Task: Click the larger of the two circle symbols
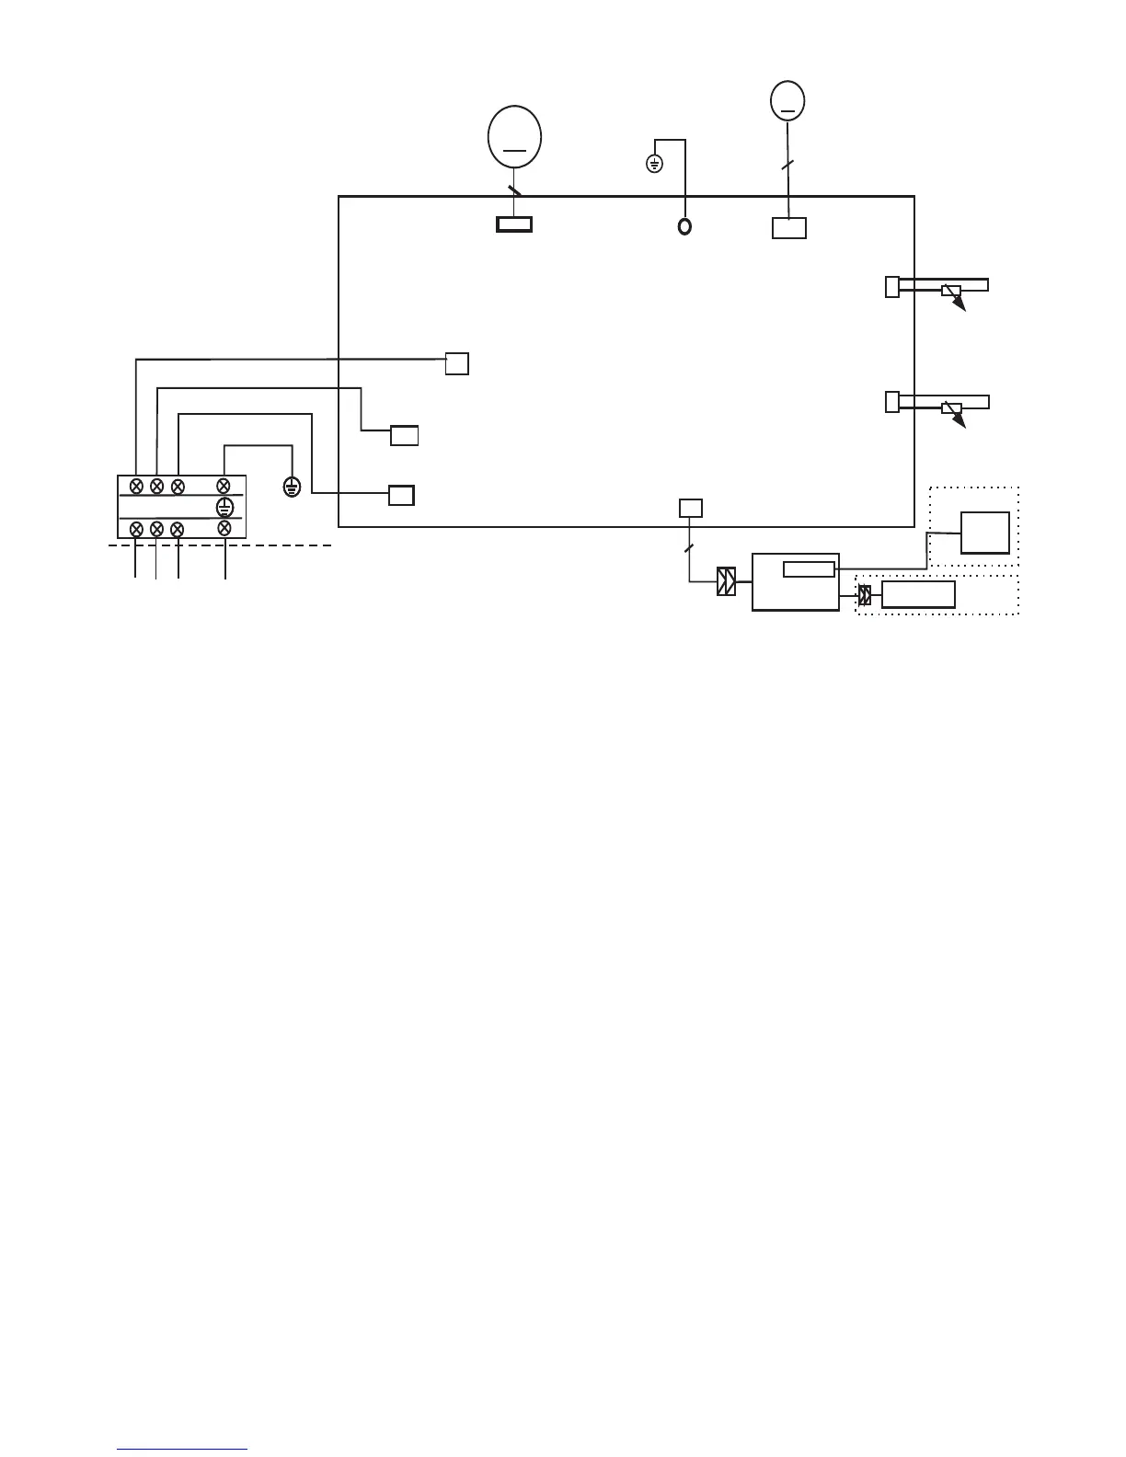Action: click(514, 137)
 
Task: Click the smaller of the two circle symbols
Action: click(787, 100)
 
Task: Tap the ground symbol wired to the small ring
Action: click(654, 165)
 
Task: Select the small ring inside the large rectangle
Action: click(684, 226)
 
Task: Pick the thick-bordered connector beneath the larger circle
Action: click(514, 224)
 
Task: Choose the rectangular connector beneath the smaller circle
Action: click(789, 228)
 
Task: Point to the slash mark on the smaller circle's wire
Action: click(787, 165)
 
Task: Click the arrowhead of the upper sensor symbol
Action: click(961, 307)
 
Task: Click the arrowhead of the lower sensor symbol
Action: click(961, 423)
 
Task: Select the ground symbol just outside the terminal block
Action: click(292, 487)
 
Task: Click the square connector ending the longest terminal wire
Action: click(457, 363)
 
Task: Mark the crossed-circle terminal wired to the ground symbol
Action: click(223, 486)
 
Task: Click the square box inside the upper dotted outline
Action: click(985, 533)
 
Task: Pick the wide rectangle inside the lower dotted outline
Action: click(918, 595)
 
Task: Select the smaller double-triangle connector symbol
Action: click(865, 595)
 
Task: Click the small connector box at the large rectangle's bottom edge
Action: click(691, 508)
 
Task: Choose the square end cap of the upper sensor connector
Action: click(891, 287)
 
